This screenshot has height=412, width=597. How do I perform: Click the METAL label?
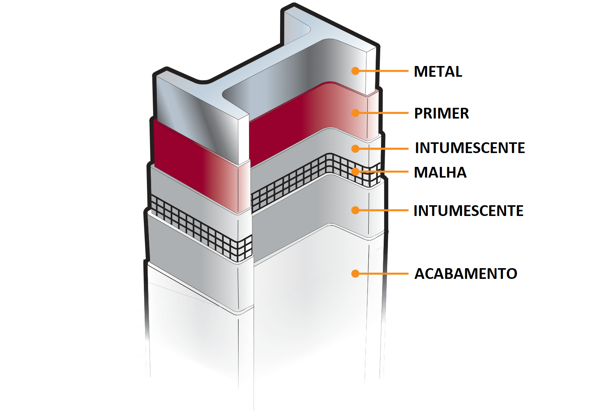(x=438, y=71)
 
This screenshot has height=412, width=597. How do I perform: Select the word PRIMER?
(x=441, y=113)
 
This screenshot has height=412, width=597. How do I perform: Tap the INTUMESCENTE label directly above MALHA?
(x=470, y=148)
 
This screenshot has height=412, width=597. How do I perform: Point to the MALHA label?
(x=440, y=172)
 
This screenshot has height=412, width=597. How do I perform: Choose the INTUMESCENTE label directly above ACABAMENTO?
(x=468, y=211)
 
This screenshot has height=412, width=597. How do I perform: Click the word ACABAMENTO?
(x=466, y=274)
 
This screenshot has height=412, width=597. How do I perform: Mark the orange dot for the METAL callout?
(x=355, y=71)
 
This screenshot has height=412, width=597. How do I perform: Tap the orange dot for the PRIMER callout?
(x=355, y=113)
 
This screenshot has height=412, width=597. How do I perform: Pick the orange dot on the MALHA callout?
(x=355, y=171)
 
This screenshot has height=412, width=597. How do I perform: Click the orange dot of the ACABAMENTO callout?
(x=355, y=274)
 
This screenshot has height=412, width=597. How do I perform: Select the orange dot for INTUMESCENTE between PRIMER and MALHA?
(x=355, y=149)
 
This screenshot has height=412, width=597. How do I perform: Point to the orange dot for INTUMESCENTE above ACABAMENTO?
(x=355, y=210)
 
